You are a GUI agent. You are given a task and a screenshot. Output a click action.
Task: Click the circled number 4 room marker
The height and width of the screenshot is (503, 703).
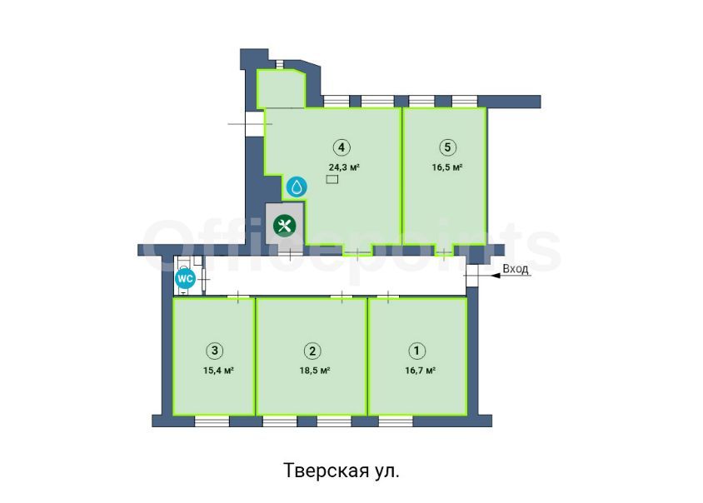[342, 147]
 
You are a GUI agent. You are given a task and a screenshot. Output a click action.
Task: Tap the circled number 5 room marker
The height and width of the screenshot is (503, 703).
[447, 147]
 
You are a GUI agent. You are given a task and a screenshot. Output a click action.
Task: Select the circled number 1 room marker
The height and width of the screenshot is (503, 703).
[417, 350]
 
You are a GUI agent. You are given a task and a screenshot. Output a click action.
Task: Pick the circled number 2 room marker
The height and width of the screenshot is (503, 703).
[312, 350]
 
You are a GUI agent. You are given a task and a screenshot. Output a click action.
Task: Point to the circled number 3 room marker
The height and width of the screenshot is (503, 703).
[215, 350]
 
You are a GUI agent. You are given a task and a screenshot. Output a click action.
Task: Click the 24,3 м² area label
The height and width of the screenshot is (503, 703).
[344, 167]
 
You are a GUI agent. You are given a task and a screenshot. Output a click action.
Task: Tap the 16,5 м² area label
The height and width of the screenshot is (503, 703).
[447, 167]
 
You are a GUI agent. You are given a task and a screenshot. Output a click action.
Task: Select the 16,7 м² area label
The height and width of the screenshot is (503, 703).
[420, 371]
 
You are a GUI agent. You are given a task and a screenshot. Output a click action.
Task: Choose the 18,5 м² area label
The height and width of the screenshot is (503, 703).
[315, 371]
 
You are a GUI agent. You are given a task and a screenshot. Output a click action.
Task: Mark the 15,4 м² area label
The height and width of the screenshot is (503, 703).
[218, 371]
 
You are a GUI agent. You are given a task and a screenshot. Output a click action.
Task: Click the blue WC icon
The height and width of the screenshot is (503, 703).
[185, 279]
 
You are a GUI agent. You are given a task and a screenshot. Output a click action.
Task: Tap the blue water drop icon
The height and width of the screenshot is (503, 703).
[297, 187]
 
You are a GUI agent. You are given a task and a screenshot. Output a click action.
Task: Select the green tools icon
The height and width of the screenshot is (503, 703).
[284, 225]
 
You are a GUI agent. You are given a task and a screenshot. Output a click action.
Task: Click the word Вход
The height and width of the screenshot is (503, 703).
[515, 269]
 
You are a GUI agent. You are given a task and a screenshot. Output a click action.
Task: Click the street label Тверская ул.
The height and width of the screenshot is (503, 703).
[342, 471]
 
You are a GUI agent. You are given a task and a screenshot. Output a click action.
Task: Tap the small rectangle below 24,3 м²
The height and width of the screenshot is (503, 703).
[332, 180]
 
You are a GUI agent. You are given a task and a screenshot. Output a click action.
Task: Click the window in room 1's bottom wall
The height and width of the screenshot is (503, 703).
[396, 421]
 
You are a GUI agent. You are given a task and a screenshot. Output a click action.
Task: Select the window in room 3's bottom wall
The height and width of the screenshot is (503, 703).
[212, 421]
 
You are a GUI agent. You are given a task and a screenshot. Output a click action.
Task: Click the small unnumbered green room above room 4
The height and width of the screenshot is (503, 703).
[281, 89]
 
